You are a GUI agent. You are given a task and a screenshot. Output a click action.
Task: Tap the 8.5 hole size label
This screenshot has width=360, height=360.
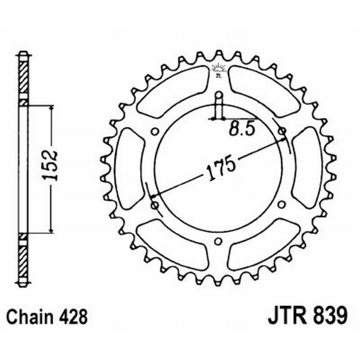click(x=242, y=129)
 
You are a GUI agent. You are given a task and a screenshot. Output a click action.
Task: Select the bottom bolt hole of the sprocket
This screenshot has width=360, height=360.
click(x=218, y=241)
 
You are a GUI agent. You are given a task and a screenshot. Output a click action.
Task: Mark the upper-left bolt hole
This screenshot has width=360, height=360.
click(x=155, y=132)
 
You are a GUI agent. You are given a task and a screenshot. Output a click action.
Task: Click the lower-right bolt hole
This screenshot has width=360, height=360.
click(x=281, y=205)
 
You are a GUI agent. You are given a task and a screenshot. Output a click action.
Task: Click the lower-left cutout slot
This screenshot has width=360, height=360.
click(x=171, y=245)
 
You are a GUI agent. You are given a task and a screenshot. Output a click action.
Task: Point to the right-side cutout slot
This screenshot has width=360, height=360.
click(x=307, y=168)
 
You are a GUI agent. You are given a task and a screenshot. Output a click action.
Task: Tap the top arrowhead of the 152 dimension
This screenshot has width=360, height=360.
click(x=51, y=109)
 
